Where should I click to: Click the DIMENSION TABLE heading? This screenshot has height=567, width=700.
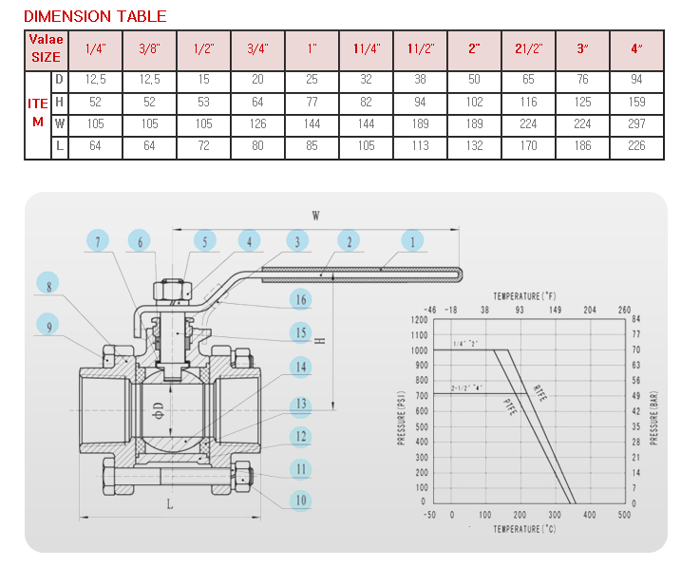coord(95,16)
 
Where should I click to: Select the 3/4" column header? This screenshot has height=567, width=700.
coord(257,47)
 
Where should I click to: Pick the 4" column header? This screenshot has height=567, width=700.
coord(636,47)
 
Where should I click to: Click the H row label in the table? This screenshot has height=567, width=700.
coord(59,101)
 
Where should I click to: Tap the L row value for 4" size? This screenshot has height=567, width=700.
coord(636,146)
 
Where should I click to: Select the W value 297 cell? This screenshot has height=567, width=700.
coord(636,123)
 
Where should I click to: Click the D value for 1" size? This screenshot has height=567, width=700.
coord(312,80)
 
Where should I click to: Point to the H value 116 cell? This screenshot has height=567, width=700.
coord(528,102)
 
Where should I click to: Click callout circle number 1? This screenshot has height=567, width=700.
coord(413,242)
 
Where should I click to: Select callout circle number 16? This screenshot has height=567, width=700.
coord(300,299)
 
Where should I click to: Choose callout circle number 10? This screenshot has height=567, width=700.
coord(300,501)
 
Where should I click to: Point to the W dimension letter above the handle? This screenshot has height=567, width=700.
coord(316,216)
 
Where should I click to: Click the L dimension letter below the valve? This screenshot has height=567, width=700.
coord(170,504)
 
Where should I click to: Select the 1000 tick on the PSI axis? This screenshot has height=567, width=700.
coord(419,350)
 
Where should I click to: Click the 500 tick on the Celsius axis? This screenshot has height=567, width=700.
coord(623,515)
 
